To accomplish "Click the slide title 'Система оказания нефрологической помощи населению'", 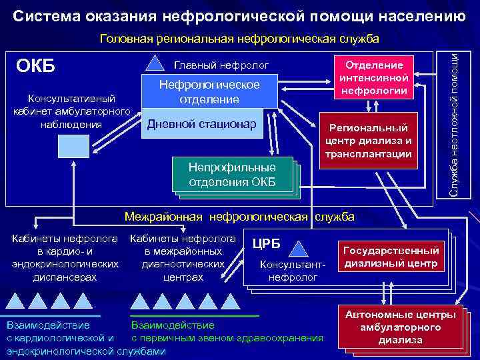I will [239, 14].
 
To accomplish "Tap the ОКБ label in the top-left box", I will [36, 67].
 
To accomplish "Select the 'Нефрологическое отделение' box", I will [209, 92].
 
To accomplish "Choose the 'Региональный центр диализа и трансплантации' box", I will [369, 140].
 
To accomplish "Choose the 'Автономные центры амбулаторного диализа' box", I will [400, 327].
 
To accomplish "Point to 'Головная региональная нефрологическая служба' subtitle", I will [239, 39].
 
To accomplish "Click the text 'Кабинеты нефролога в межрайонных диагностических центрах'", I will [183, 257].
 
